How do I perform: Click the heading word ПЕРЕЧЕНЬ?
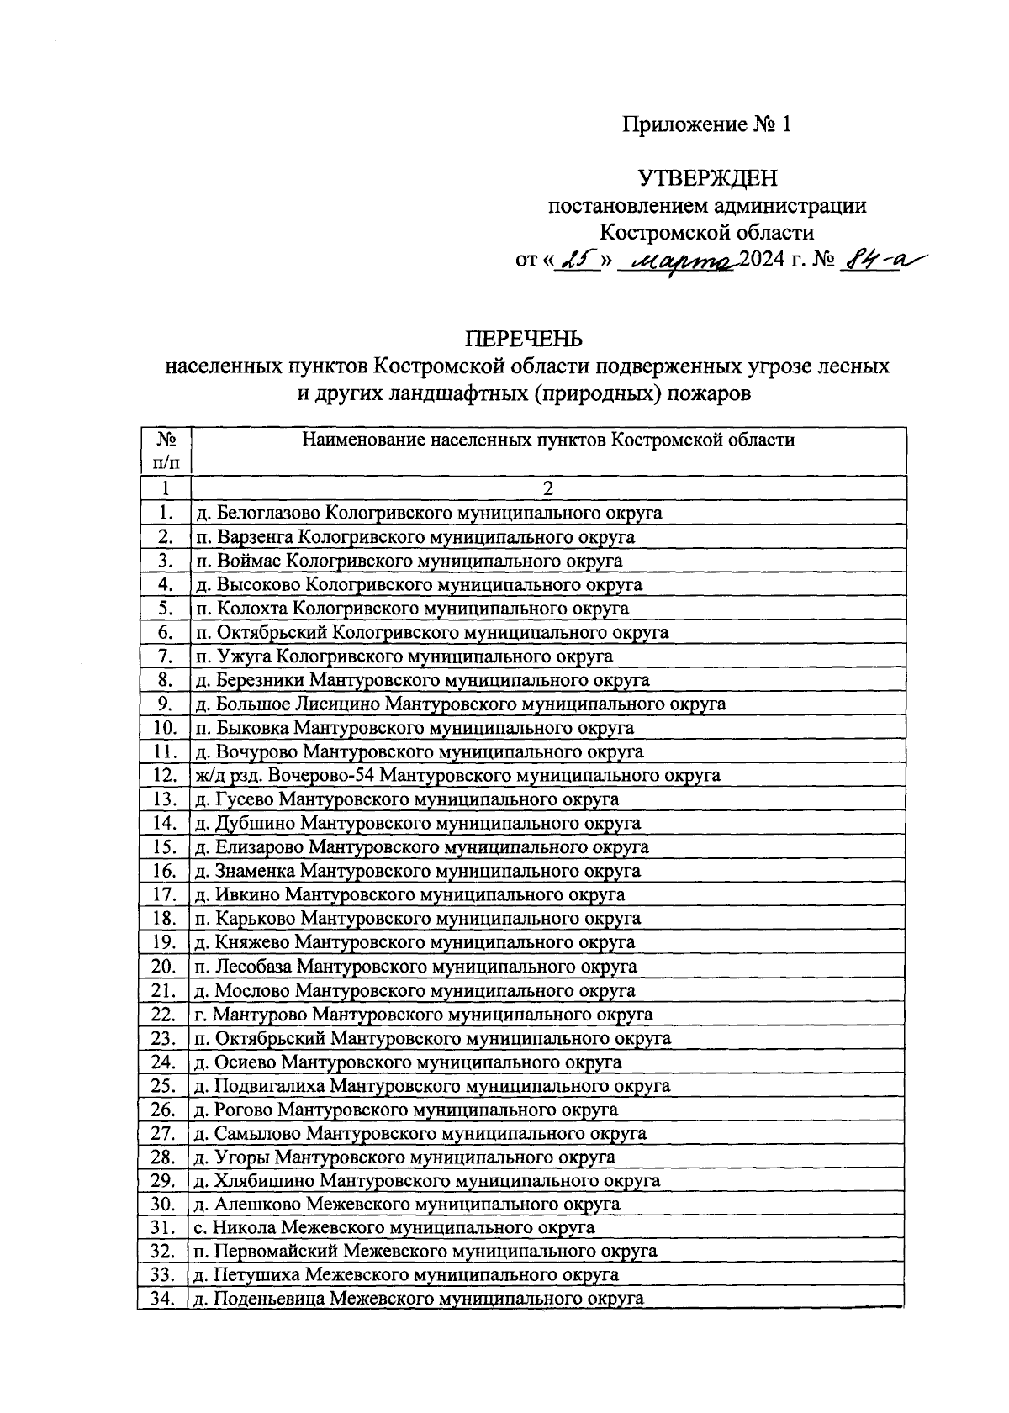(524, 339)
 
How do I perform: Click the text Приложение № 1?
(706, 125)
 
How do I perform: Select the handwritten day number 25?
(578, 261)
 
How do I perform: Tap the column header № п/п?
(166, 451)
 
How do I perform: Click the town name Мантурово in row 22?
(252, 1015)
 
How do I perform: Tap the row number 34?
(163, 1300)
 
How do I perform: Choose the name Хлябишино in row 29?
(260, 1180)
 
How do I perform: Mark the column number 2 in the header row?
(548, 488)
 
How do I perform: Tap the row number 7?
(165, 656)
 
